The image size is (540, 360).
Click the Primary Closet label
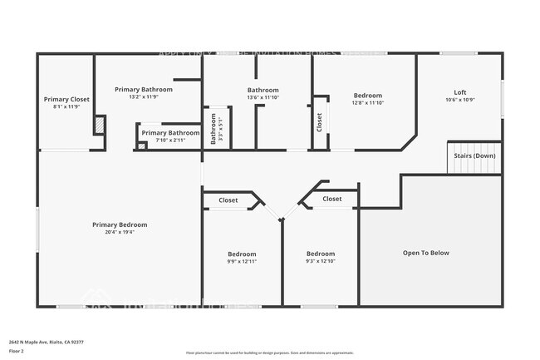[x=66, y=99]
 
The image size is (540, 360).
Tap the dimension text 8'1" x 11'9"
[x=66, y=106]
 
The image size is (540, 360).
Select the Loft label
[x=459, y=92]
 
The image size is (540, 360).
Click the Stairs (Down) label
[x=475, y=155]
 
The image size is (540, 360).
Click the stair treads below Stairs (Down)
[x=475, y=167]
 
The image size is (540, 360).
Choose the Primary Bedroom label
[x=120, y=224]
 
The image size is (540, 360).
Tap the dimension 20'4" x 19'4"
[x=120, y=232]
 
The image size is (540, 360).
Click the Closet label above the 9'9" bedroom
[x=228, y=200]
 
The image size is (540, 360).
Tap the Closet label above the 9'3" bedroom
[x=332, y=200]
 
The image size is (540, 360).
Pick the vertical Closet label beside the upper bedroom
[x=320, y=122]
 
